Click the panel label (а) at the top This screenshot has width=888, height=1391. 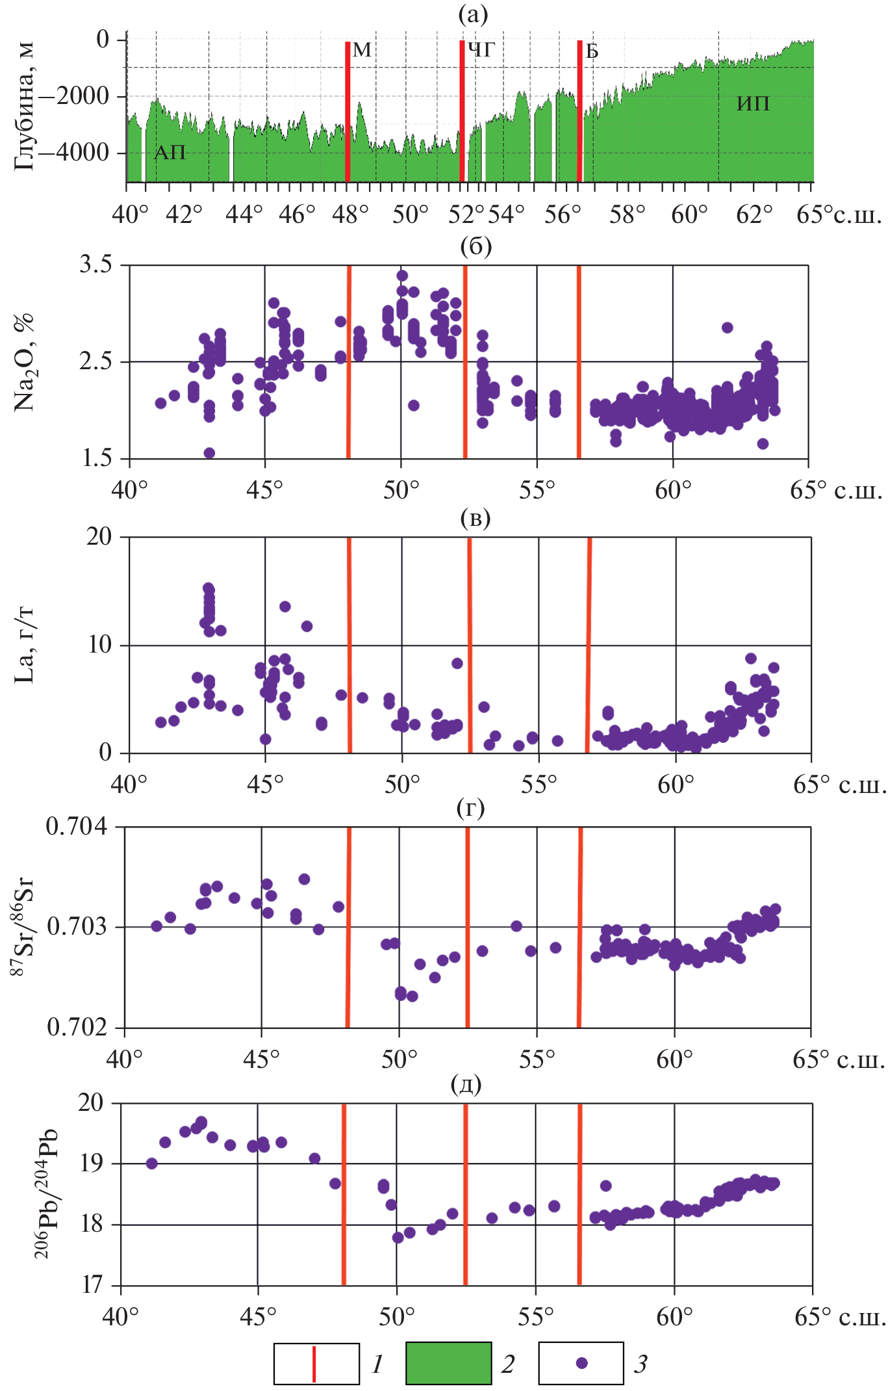point(472,14)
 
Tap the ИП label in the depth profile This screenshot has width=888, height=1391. point(753,103)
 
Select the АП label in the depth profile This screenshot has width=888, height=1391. point(170,152)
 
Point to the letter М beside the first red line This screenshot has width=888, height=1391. point(362,50)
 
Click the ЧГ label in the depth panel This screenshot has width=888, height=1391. point(481,49)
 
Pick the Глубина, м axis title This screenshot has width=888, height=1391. point(24,107)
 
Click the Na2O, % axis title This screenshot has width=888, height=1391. point(25,361)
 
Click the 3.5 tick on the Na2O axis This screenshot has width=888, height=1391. point(95,265)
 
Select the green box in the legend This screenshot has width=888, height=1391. point(448,1363)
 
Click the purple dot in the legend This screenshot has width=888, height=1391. point(581,1363)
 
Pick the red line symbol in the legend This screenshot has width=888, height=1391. point(314,1364)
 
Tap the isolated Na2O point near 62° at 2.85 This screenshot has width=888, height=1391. point(727,328)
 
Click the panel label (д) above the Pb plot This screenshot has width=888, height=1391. point(466,1084)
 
